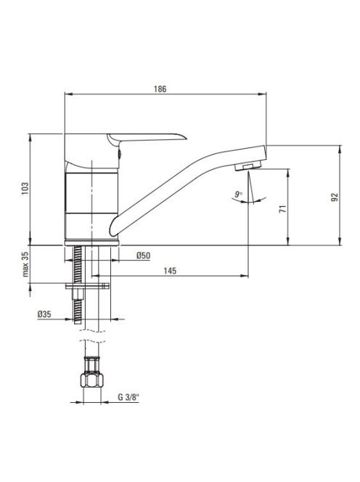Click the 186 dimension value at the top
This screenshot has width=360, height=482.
pos(160,89)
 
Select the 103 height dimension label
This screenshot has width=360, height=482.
pos(25,189)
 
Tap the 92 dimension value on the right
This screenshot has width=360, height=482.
pos(335,197)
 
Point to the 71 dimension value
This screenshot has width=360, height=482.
pos(283,209)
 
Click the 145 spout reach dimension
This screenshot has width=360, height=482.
pos(170,271)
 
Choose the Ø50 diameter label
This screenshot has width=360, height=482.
pos(144,256)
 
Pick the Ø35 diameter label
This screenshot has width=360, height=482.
pos(44,314)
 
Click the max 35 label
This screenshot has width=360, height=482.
pos(25,264)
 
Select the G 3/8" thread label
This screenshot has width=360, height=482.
pos(128,397)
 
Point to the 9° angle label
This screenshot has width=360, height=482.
pos(239,194)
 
